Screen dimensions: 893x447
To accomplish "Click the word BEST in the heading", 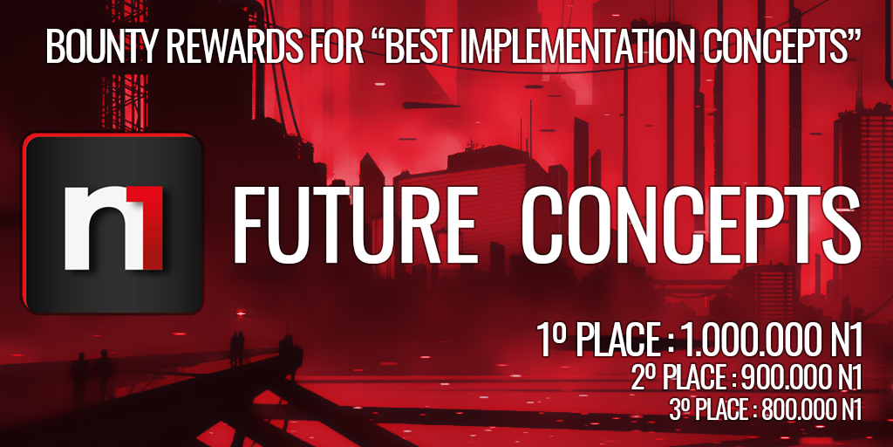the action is [414, 47].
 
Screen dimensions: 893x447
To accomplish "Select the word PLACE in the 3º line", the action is [716, 409].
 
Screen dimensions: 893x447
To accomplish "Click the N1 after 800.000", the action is [848, 409].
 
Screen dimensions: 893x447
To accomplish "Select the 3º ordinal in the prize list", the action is [677, 409].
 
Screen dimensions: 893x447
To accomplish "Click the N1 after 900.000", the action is [846, 379].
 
